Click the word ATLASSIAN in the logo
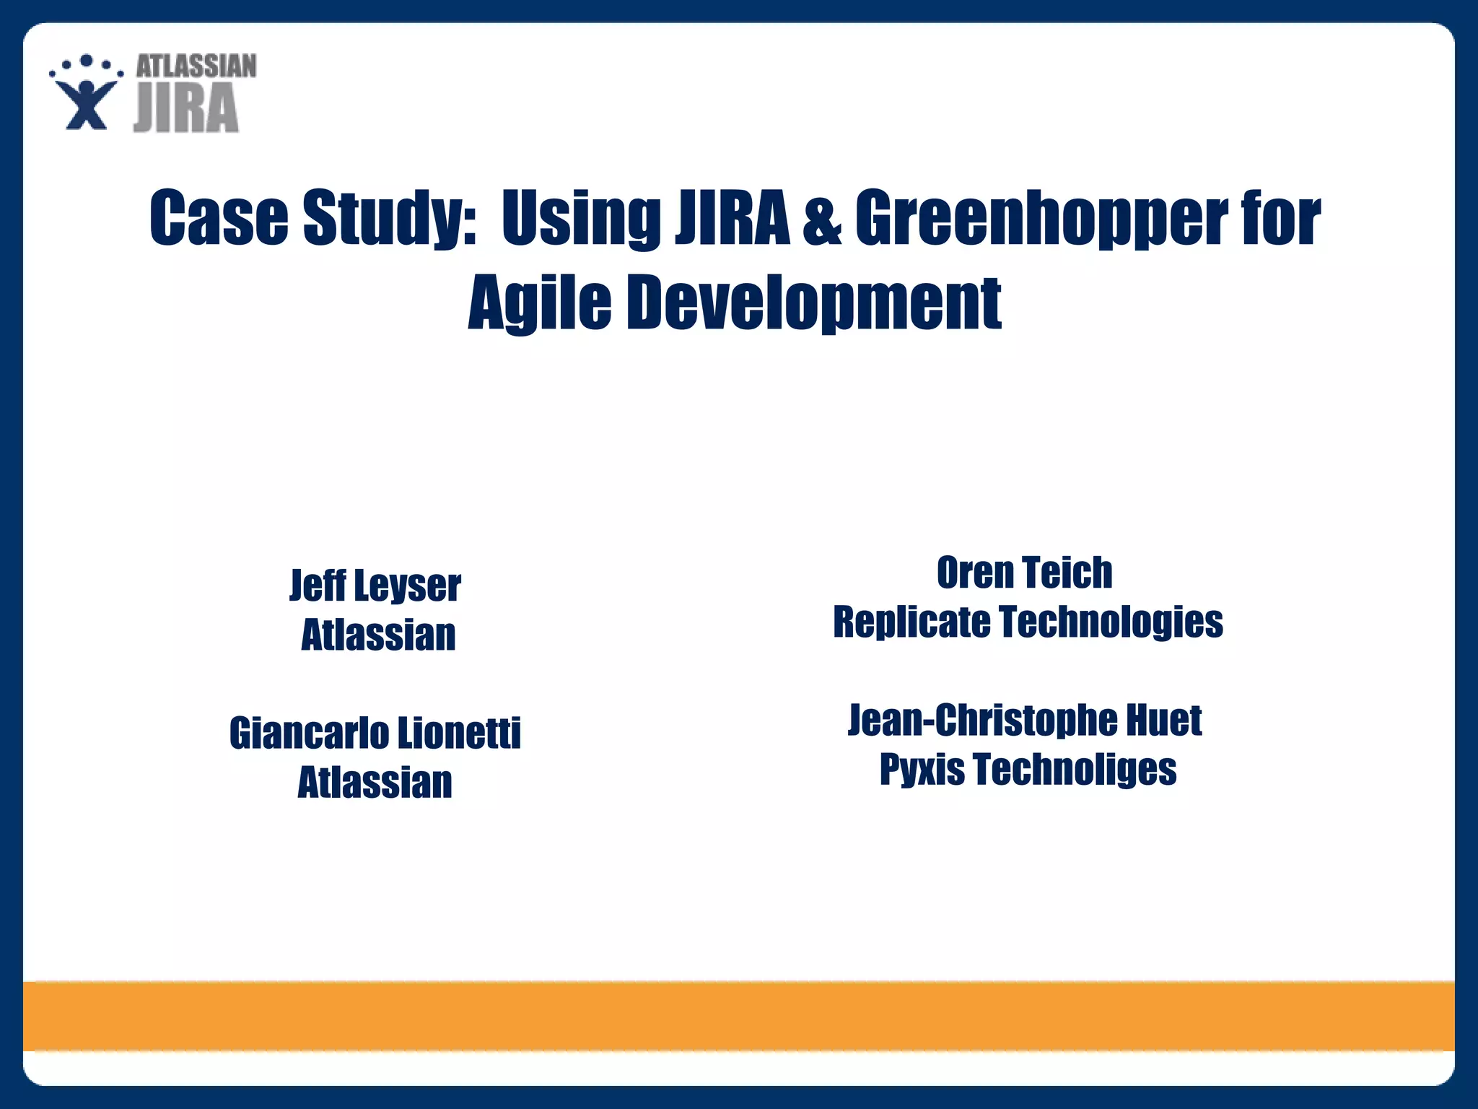196,66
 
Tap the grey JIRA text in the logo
186,108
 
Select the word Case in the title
219,217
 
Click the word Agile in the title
539,303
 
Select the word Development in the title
813,303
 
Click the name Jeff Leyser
375,585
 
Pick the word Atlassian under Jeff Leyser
378,635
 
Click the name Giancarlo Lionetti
375,734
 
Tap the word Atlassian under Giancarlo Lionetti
375,783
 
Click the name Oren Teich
1025,573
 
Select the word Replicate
911,622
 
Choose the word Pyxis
922,769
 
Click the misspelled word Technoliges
1075,769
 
